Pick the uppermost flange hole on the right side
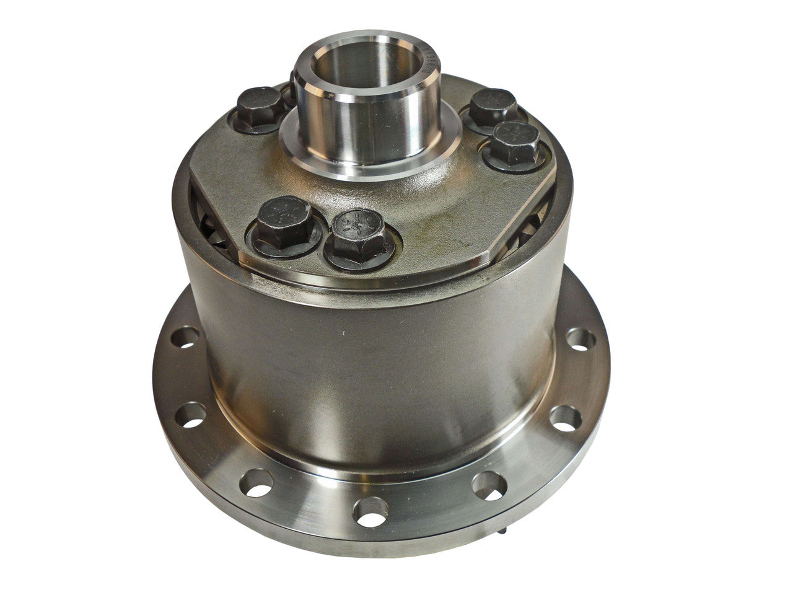click(581, 339)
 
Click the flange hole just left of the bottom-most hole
click(258, 482)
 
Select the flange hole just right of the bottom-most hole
click(489, 485)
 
